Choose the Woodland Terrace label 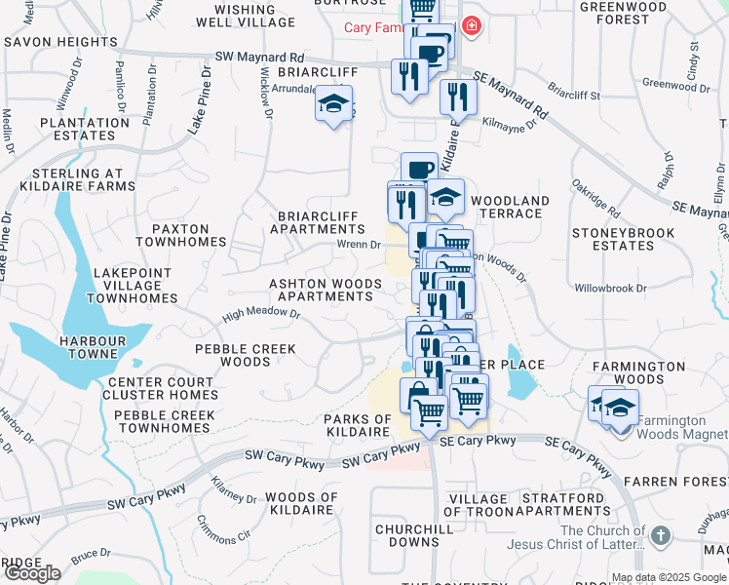(511, 208)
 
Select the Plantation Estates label (78, 130)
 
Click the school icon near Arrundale (333, 104)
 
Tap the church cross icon (661, 535)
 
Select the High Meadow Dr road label (260, 315)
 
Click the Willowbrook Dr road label (610, 289)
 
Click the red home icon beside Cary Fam (472, 25)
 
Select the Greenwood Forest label (628, 12)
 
